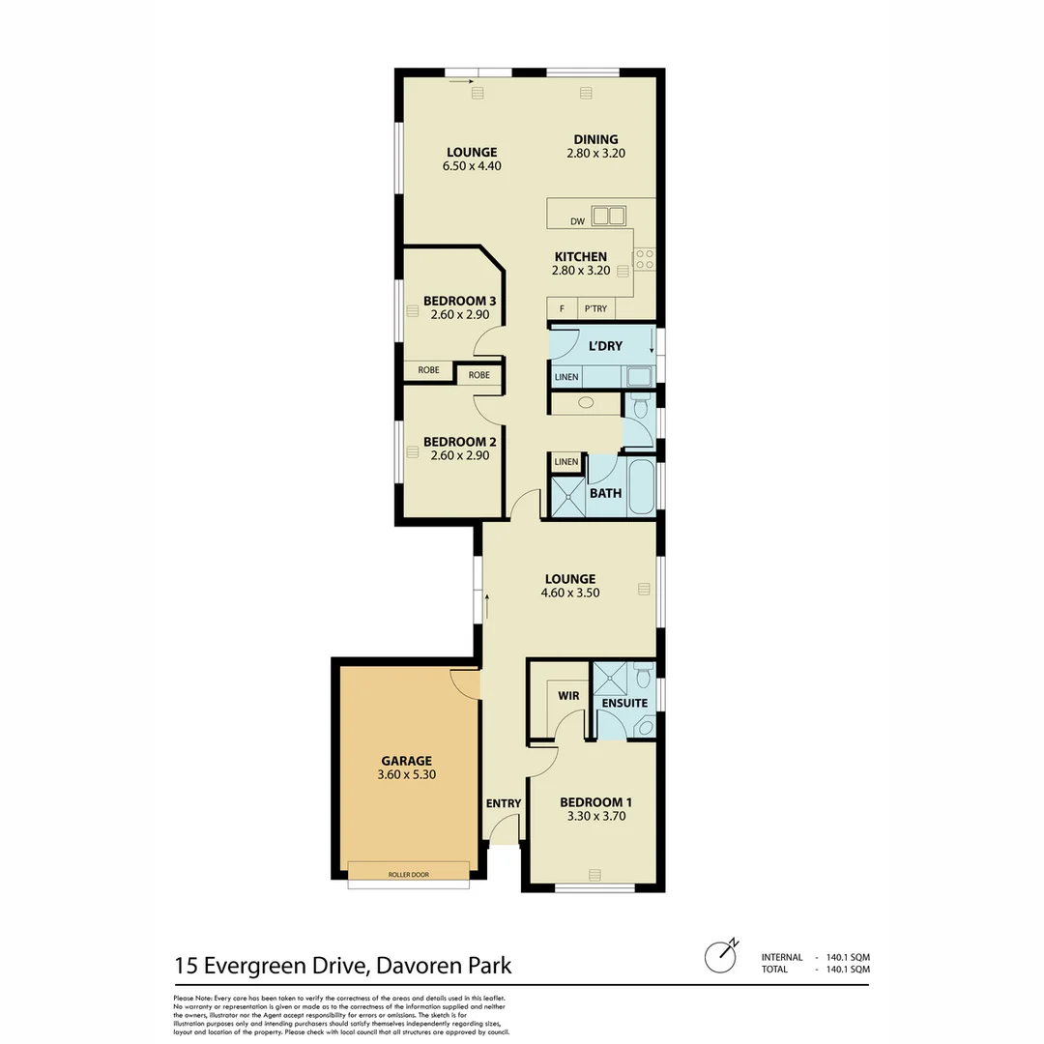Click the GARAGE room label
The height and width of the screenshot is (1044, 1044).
tap(405, 760)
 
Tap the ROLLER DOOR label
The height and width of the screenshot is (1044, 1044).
tap(408, 874)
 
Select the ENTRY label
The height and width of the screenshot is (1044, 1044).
tap(504, 803)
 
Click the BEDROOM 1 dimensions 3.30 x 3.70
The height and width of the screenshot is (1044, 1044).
tap(597, 816)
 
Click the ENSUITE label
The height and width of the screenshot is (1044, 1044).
tap(624, 703)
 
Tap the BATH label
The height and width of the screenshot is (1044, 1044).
tap(606, 493)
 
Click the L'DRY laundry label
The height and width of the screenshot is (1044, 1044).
tap(605, 346)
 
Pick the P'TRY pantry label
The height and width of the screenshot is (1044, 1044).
tap(594, 308)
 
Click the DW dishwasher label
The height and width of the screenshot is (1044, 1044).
tap(577, 221)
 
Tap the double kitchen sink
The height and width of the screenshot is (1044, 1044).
tap(608, 215)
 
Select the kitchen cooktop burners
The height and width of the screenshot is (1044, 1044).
tap(644, 259)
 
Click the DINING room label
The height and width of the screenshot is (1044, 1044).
tap(595, 139)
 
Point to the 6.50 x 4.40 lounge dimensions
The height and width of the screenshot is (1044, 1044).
tap(472, 165)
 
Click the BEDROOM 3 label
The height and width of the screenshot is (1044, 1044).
tap(460, 300)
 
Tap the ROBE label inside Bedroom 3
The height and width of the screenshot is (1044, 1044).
tap(428, 369)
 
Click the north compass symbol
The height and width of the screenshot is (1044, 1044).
tap(720, 957)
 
